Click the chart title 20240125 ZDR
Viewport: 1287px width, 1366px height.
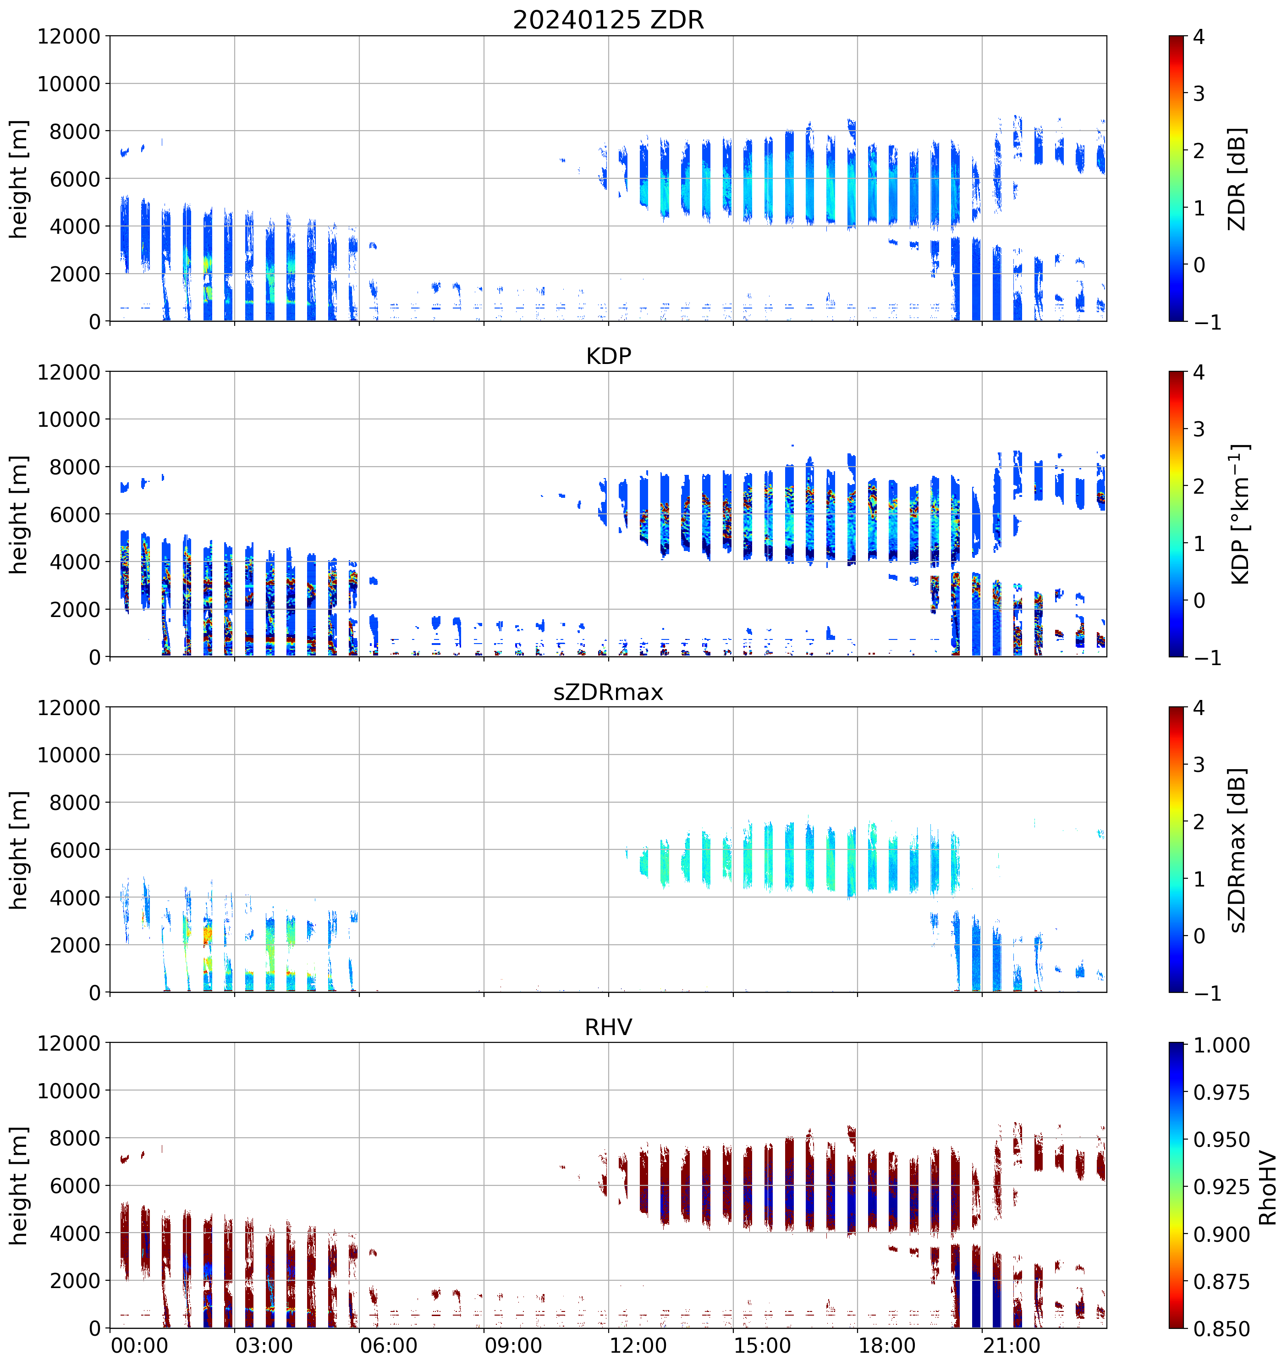tap(608, 20)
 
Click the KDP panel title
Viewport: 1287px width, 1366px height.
tap(608, 356)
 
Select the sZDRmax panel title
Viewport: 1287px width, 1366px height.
tap(608, 692)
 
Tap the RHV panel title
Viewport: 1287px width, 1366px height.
tap(608, 1027)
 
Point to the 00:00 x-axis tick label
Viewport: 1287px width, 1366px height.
tap(139, 1345)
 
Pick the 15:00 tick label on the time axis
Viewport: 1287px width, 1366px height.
tap(762, 1345)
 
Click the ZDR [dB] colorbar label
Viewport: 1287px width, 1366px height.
tap(1237, 179)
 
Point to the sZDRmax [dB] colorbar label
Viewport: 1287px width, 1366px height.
tap(1237, 850)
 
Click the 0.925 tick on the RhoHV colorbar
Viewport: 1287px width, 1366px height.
tap(1221, 1187)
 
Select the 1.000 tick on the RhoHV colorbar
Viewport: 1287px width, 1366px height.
tap(1221, 1045)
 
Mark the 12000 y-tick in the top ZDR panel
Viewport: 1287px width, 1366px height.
tap(69, 36)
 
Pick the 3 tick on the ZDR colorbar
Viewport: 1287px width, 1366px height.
tap(1199, 94)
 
